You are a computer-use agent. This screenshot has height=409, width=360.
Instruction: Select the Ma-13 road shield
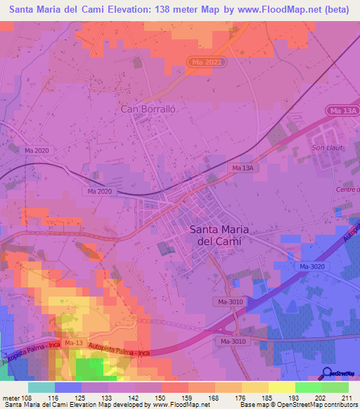[x=73, y=343]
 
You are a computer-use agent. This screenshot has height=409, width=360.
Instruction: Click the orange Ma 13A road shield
[x=342, y=110]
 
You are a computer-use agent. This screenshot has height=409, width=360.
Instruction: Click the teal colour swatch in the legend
[x=41, y=387]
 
